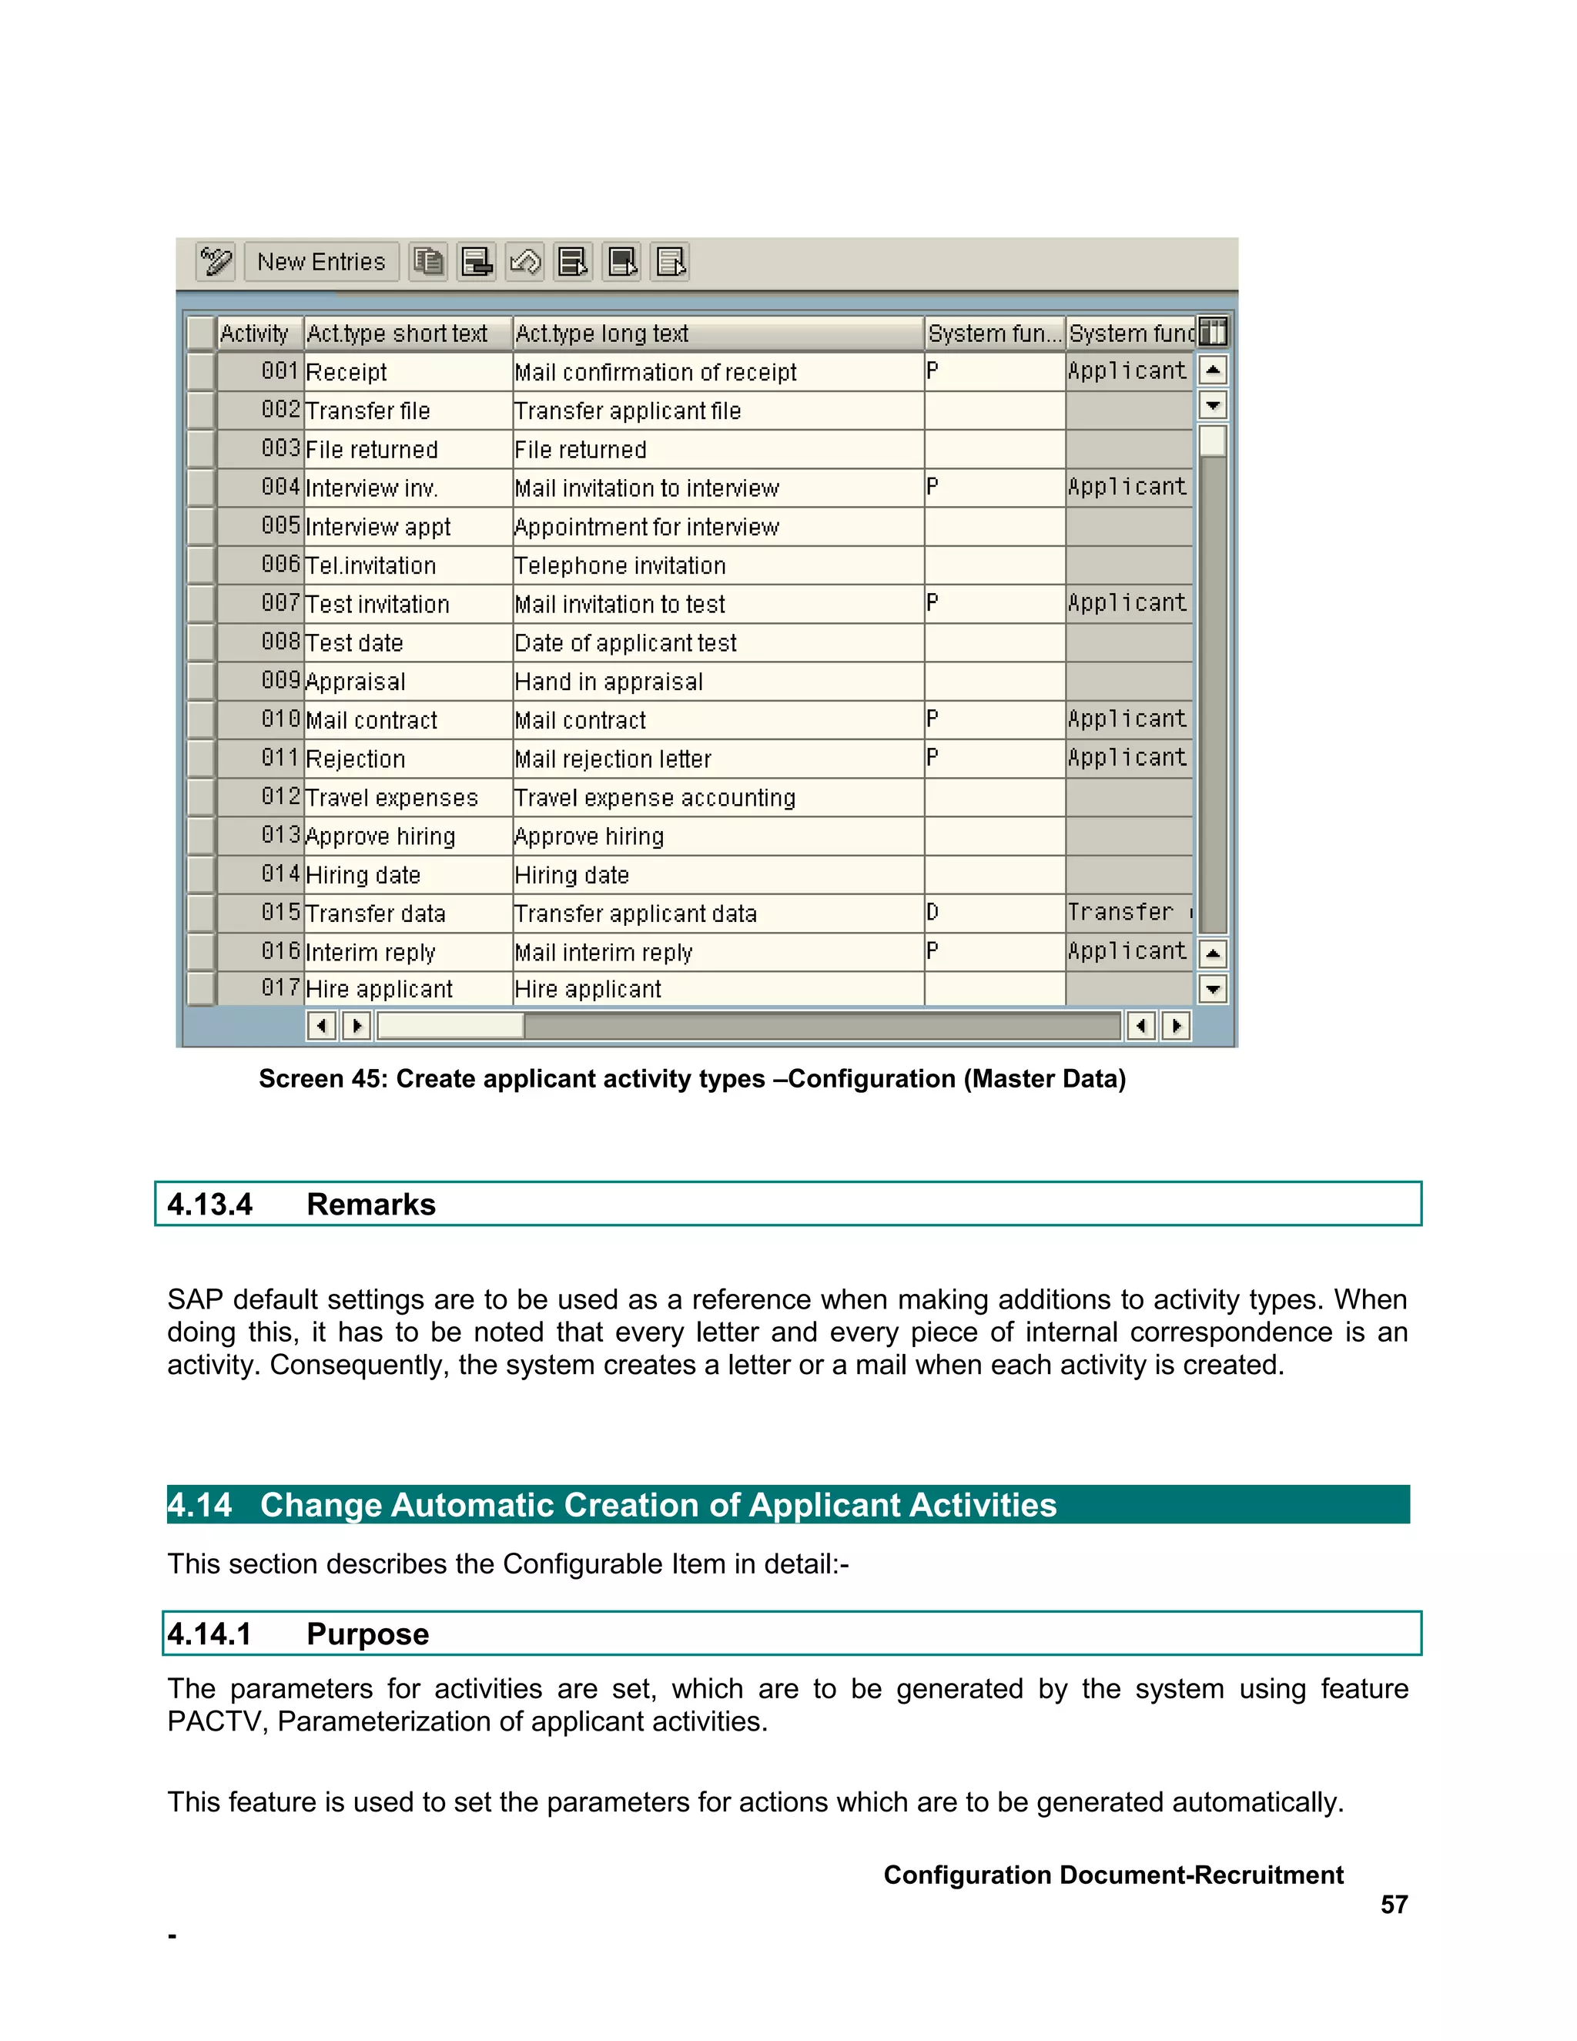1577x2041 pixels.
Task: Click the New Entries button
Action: [320, 262]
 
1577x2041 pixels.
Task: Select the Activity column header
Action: [254, 333]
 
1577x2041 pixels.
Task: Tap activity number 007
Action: [280, 604]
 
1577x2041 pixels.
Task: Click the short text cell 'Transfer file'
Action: [368, 411]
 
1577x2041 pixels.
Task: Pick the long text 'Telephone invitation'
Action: [619, 566]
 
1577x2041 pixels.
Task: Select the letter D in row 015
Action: [932, 913]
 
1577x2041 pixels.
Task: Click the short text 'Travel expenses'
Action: [391, 798]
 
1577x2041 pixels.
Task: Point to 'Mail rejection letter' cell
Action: [613, 759]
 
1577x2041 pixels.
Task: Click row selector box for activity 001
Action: [201, 372]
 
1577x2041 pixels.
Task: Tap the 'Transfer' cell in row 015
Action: [1120, 913]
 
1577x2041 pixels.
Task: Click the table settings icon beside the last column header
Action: [1213, 332]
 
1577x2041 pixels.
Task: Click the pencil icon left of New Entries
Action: [216, 262]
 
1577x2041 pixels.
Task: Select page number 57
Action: [1394, 1904]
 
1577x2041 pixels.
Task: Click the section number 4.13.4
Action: [209, 1205]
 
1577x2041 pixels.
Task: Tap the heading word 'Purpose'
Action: [367, 1634]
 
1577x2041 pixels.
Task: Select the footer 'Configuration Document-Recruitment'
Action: [1113, 1875]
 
